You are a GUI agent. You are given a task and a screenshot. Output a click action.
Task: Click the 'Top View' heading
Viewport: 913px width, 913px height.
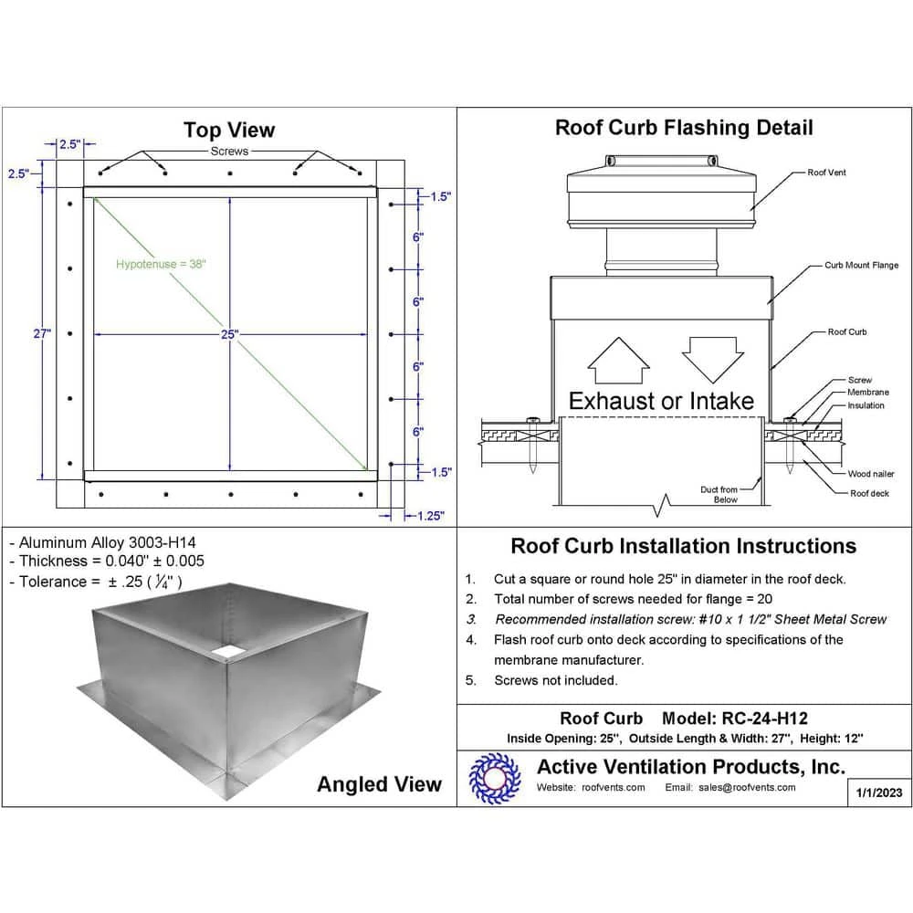228,131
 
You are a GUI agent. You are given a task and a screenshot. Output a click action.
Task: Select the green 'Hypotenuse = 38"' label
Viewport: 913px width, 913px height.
162,265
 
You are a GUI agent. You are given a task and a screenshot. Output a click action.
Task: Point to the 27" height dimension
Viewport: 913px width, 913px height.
42,334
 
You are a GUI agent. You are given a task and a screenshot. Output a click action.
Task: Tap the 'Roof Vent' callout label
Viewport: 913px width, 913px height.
826,173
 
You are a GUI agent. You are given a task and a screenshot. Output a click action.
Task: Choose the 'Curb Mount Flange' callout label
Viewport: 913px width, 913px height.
861,266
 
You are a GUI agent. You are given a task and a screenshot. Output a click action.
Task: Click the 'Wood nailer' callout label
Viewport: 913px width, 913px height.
871,474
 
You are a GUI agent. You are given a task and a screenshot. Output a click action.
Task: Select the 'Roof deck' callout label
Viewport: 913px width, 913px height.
869,493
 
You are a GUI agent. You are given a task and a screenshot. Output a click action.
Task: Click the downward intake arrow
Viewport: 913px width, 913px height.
712,358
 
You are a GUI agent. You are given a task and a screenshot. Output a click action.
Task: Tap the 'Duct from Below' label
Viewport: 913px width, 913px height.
719,495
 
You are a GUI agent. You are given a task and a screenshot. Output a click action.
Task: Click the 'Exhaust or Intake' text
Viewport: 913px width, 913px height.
661,401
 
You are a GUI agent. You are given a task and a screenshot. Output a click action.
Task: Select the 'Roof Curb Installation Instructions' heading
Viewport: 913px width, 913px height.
683,546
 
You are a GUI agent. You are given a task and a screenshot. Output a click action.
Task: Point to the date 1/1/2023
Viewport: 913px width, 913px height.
879,792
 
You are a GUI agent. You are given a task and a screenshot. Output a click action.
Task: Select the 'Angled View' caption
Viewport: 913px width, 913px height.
379,784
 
